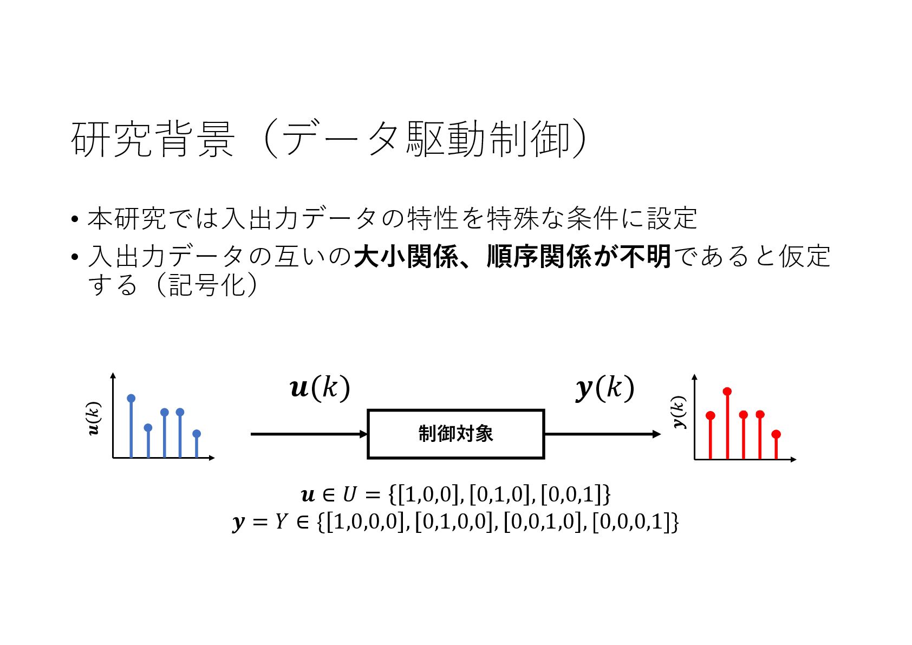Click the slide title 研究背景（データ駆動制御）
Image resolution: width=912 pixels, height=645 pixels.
coord(328,139)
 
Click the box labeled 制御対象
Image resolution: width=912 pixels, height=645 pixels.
coord(455,434)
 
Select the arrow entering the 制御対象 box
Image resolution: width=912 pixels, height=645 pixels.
coord(309,434)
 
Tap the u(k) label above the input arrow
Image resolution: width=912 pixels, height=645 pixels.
coord(320,388)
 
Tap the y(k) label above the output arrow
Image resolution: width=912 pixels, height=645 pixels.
coord(604,388)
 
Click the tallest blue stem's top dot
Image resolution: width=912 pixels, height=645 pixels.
coord(131,399)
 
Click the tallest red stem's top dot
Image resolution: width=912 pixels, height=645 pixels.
coord(727,391)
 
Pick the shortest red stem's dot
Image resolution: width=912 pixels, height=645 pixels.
coord(776,434)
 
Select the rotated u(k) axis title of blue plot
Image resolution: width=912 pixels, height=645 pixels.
coord(94,418)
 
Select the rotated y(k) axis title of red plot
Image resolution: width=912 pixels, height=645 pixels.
coord(678,412)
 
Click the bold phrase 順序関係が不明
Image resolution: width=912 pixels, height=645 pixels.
coord(578,256)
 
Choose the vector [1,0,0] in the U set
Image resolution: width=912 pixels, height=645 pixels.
coord(428,494)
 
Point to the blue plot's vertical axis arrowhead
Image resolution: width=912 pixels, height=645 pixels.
coord(113,375)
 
